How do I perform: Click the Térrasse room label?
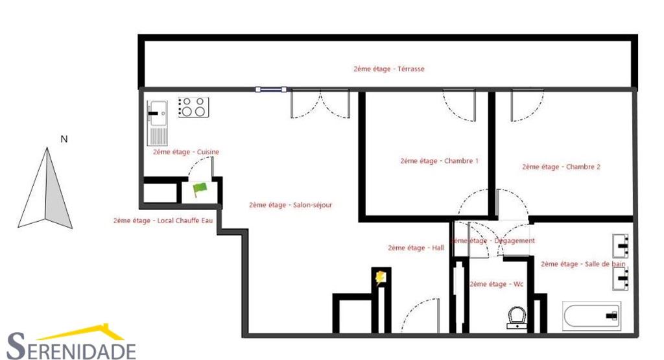[x=389, y=69]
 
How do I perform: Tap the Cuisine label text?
[x=186, y=152]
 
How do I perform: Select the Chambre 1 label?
[x=439, y=161]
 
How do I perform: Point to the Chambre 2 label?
[x=561, y=167]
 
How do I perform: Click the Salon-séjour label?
[x=290, y=205]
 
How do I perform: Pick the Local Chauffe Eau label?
[x=163, y=221]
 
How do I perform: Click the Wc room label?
[x=496, y=284]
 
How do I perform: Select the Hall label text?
[x=416, y=248]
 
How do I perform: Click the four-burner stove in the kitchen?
[x=193, y=108]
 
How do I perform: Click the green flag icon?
[x=199, y=189]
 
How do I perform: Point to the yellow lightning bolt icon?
[x=381, y=278]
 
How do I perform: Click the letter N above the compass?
[x=64, y=139]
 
